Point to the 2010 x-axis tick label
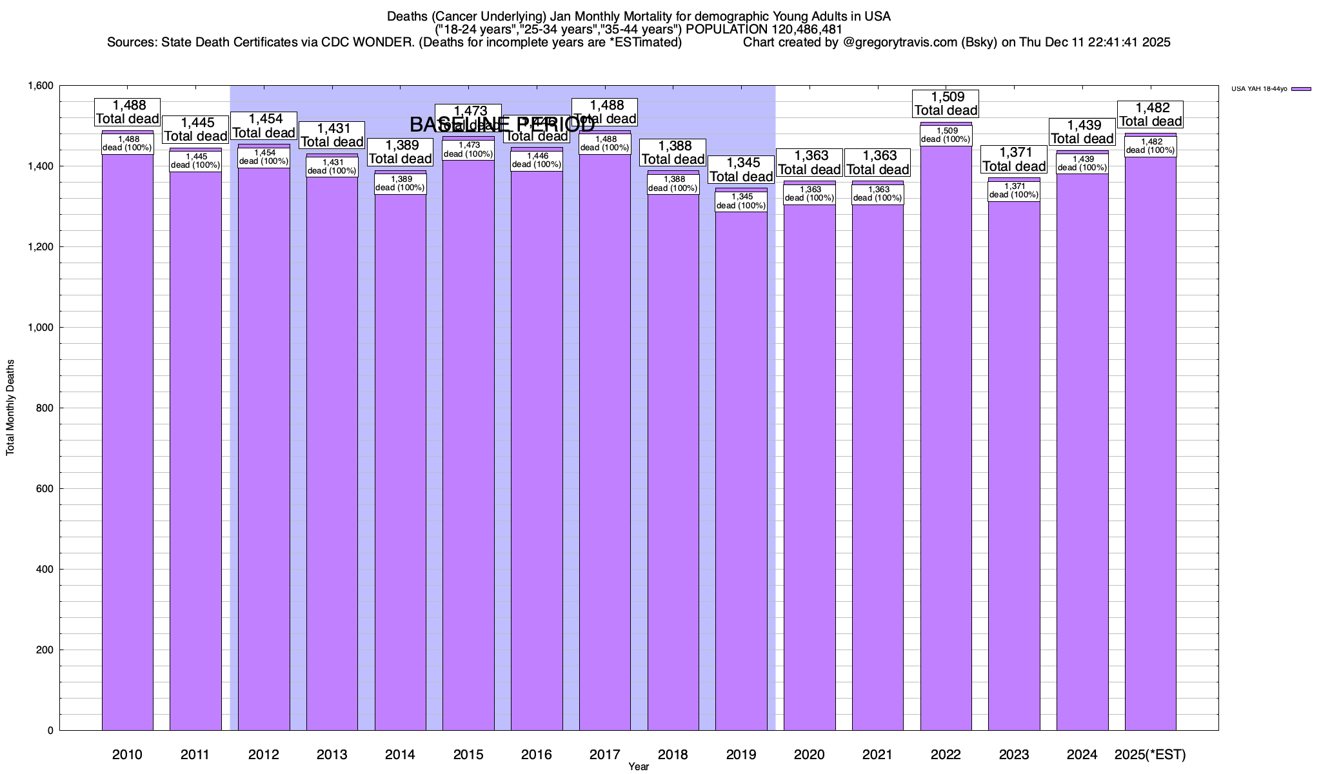(127, 755)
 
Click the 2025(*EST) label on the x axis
(1150, 755)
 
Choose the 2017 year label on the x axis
(604, 755)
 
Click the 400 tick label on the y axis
(45, 570)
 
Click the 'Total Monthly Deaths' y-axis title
(10, 408)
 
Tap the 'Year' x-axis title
(639, 767)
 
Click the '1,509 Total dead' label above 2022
(946, 104)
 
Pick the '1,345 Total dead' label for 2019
(741, 170)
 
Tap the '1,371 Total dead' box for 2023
(1013, 159)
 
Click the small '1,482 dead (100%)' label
(1150, 146)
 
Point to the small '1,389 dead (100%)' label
(400, 184)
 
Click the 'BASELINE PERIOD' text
(502, 124)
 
